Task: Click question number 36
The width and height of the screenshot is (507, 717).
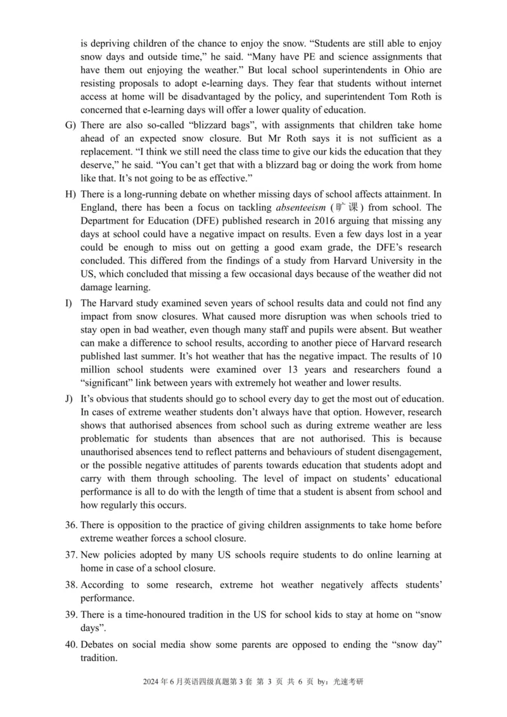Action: pyautogui.click(x=71, y=525)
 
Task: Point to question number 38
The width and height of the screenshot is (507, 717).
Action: pyautogui.click(x=71, y=585)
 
